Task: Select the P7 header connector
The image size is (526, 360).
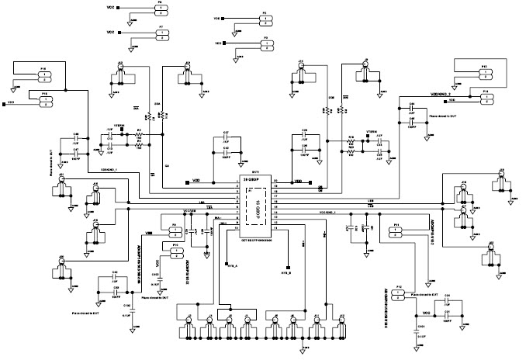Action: (x=160, y=32)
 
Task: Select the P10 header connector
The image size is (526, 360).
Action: (x=175, y=250)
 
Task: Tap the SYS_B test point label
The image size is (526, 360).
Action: (x=285, y=273)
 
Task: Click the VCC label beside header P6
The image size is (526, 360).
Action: (x=110, y=9)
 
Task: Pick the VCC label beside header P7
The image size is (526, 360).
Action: (x=110, y=32)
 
